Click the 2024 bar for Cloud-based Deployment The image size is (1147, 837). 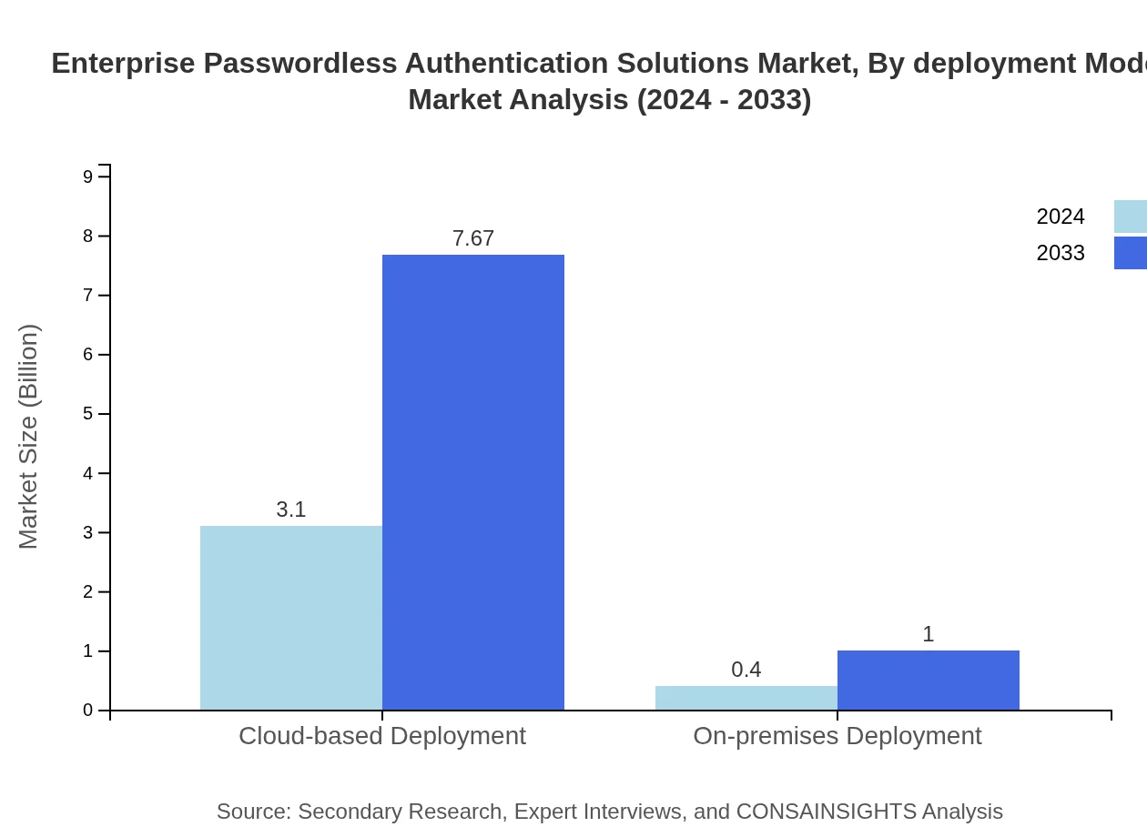[291, 618]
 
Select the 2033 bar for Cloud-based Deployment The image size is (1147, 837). [473, 482]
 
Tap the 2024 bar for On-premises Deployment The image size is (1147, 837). [746, 698]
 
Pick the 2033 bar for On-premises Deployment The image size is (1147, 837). [929, 681]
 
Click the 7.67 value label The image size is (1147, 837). [473, 238]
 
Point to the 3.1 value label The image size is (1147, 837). [291, 509]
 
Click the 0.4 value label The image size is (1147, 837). [746, 670]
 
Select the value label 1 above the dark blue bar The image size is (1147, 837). [929, 634]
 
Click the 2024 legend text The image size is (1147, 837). [1061, 217]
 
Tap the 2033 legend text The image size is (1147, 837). [1061, 253]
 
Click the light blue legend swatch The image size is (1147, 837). [1131, 217]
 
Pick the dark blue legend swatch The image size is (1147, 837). [1131, 253]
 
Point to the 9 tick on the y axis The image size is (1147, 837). [88, 176]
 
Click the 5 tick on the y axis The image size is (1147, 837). [88, 414]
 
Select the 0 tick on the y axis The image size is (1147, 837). [88, 711]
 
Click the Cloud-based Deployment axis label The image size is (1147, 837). [382, 735]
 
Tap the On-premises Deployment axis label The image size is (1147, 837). [837, 735]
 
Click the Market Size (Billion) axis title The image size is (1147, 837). [29, 437]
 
